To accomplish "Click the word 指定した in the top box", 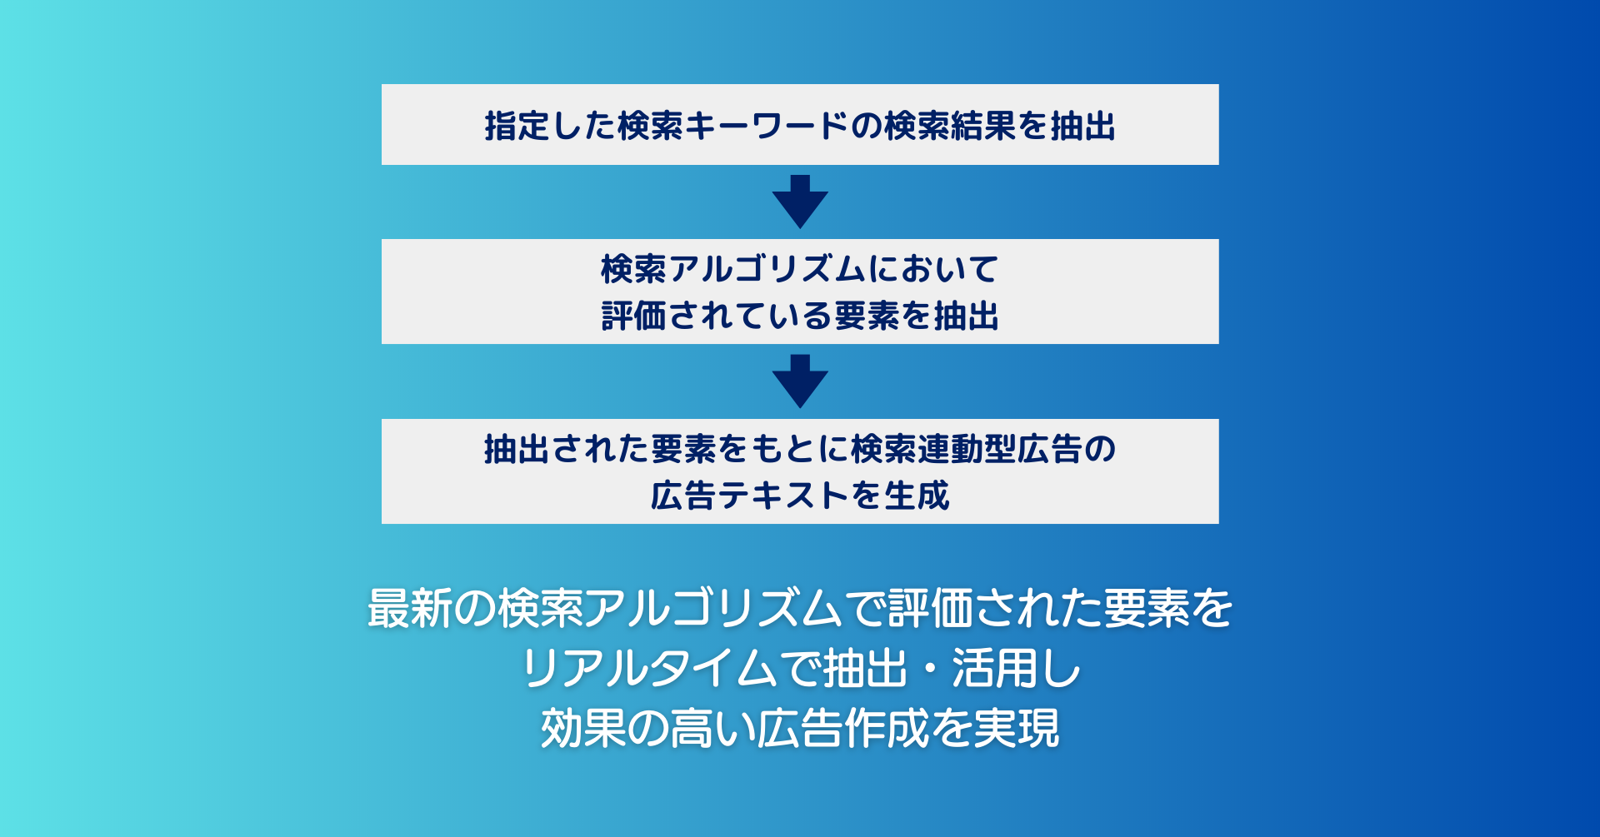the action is tap(551, 126).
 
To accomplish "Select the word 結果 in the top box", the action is tap(983, 126).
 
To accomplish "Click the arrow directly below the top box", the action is tap(800, 202).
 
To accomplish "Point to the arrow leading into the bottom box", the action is tap(800, 381).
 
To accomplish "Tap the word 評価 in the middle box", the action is tap(634, 316).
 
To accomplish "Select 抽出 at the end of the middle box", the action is tap(967, 316).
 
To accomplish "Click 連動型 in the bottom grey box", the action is tap(967, 449).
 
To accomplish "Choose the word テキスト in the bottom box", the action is tap(783, 496).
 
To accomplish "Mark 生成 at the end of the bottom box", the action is tap(917, 496).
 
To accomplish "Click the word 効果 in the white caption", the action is tap(583, 729).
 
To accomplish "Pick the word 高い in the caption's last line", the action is tap(712, 729).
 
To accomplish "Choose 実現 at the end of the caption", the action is tap(1017, 729).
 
